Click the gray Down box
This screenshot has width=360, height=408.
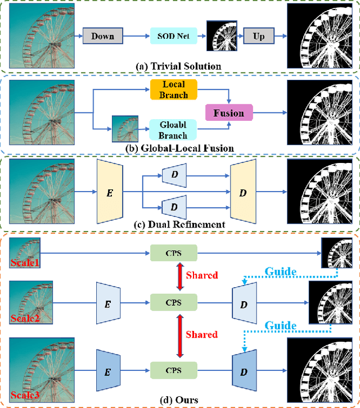(102, 37)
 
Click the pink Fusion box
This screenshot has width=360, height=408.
(229, 113)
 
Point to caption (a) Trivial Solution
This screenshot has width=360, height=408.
(178, 66)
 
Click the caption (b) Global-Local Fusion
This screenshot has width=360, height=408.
(178, 148)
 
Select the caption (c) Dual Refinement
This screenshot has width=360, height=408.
(178, 225)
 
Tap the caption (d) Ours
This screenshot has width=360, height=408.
(178, 399)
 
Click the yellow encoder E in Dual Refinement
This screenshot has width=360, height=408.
(109, 192)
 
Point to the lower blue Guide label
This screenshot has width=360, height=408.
(281, 325)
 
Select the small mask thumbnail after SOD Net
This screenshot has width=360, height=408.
(220, 36)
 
